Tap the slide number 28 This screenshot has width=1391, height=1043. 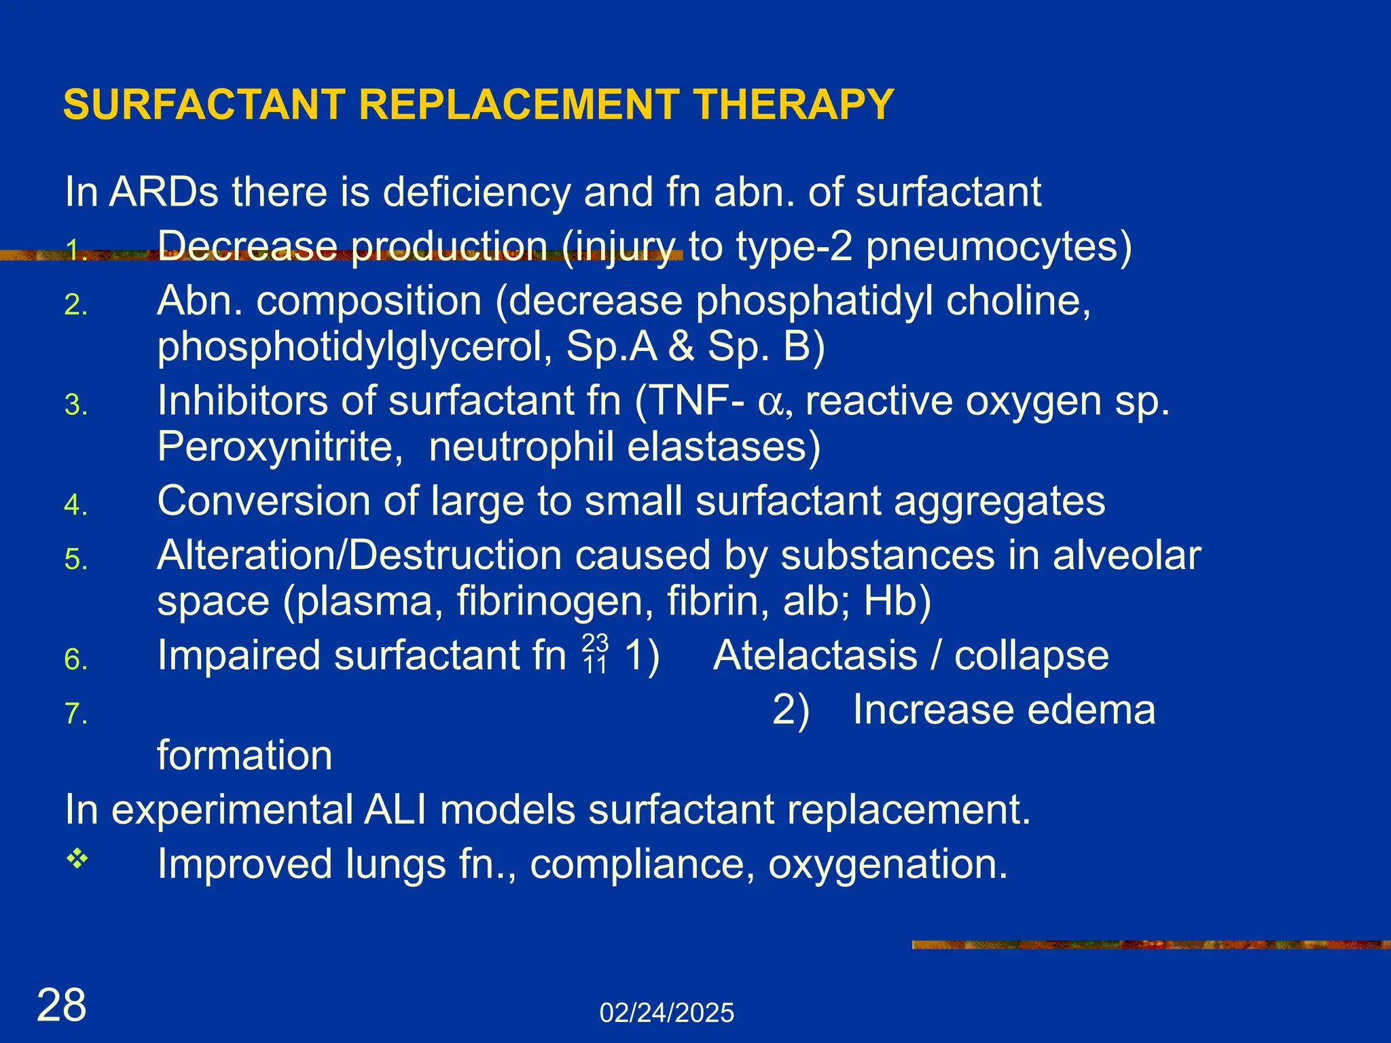(x=62, y=1005)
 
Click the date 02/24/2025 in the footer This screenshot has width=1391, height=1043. (x=666, y=1013)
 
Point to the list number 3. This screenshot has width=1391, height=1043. (x=75, y=405)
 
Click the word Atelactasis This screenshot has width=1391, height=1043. (x=815, y=656)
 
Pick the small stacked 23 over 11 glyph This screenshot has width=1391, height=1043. (x=595, y=654)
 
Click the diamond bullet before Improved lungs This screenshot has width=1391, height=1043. (x=77, y=859)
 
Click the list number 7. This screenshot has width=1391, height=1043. (x=75, y=714)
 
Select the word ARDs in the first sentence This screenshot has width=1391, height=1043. (x=164, y=192)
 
